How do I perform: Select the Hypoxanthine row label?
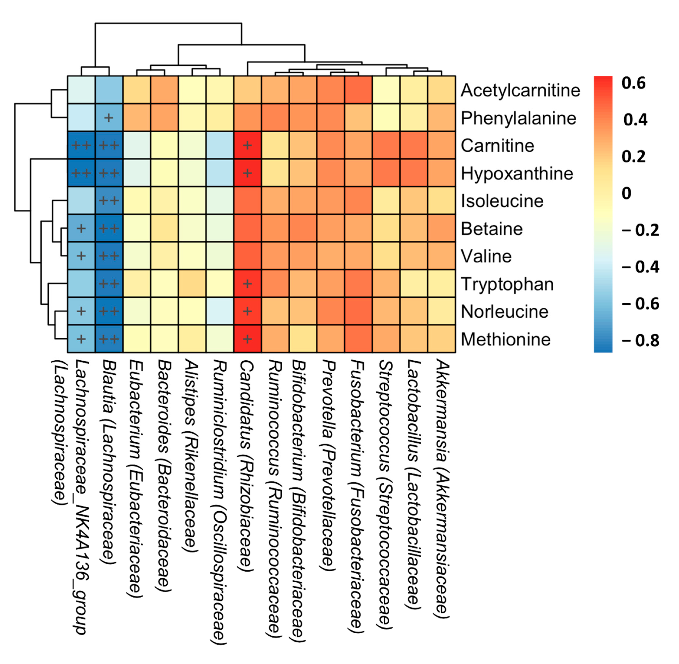click(516, 173)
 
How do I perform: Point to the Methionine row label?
click(505, 339)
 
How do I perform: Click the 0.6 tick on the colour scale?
click(633, 83)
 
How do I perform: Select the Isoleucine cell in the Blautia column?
click(109, 200)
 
